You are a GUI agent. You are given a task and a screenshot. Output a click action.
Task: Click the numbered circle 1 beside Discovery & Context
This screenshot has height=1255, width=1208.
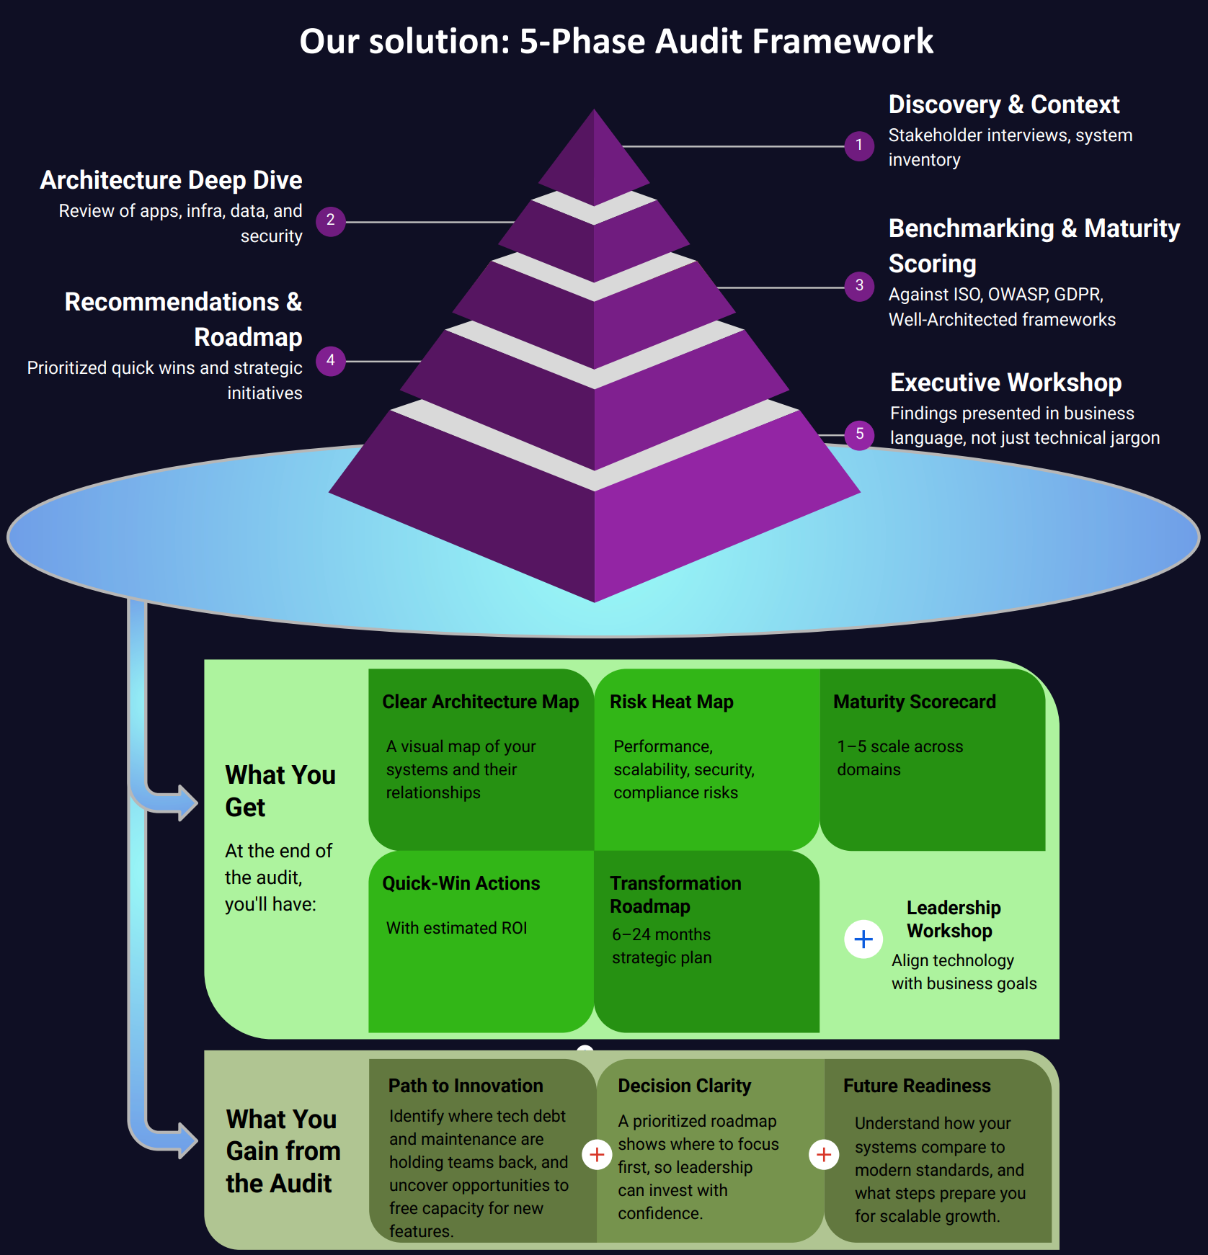tap(858, 146)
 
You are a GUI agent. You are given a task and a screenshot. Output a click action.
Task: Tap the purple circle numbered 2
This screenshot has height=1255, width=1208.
tap(330, 220)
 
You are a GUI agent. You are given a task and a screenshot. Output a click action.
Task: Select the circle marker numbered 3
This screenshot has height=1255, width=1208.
tap(858, 286)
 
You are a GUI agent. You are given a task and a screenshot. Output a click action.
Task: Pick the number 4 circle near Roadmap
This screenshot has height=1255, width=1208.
tap(330, 360)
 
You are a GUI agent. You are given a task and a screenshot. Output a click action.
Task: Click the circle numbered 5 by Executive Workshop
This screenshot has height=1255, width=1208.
tap(859, 434)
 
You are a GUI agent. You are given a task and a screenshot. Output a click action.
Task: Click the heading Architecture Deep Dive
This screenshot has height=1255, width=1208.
tap(171, 180)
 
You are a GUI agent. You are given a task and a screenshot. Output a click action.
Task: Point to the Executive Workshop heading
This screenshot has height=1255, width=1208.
tap(1005, 383)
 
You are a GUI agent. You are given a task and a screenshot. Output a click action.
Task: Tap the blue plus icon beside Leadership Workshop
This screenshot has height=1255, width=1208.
tap(863, 939)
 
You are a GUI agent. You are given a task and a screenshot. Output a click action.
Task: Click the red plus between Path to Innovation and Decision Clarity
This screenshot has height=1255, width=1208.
tap(596, 1154)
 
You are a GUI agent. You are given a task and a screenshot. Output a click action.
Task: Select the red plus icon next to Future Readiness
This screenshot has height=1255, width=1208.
tap(824, 1154)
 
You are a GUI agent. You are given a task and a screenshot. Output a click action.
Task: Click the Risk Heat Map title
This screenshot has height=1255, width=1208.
tap(671, 702)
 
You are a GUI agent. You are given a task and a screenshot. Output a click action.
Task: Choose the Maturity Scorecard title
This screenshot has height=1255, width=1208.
tap(914, 702)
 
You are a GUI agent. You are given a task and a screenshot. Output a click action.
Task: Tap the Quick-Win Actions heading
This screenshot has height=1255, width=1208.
tap(461, 883)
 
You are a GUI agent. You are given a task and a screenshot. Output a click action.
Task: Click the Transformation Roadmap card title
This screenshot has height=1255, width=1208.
tap(675, 894)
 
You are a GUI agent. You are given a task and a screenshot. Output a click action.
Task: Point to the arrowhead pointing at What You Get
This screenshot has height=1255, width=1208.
tap(185, 803)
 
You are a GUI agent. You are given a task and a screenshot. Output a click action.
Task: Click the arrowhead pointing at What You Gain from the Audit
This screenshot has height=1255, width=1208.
tap(185, 1140)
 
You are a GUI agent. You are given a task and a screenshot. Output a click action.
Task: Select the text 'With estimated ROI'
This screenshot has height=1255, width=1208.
tap(456, 928)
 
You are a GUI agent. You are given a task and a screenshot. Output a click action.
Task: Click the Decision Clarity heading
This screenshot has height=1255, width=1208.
tap(684, 1086)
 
